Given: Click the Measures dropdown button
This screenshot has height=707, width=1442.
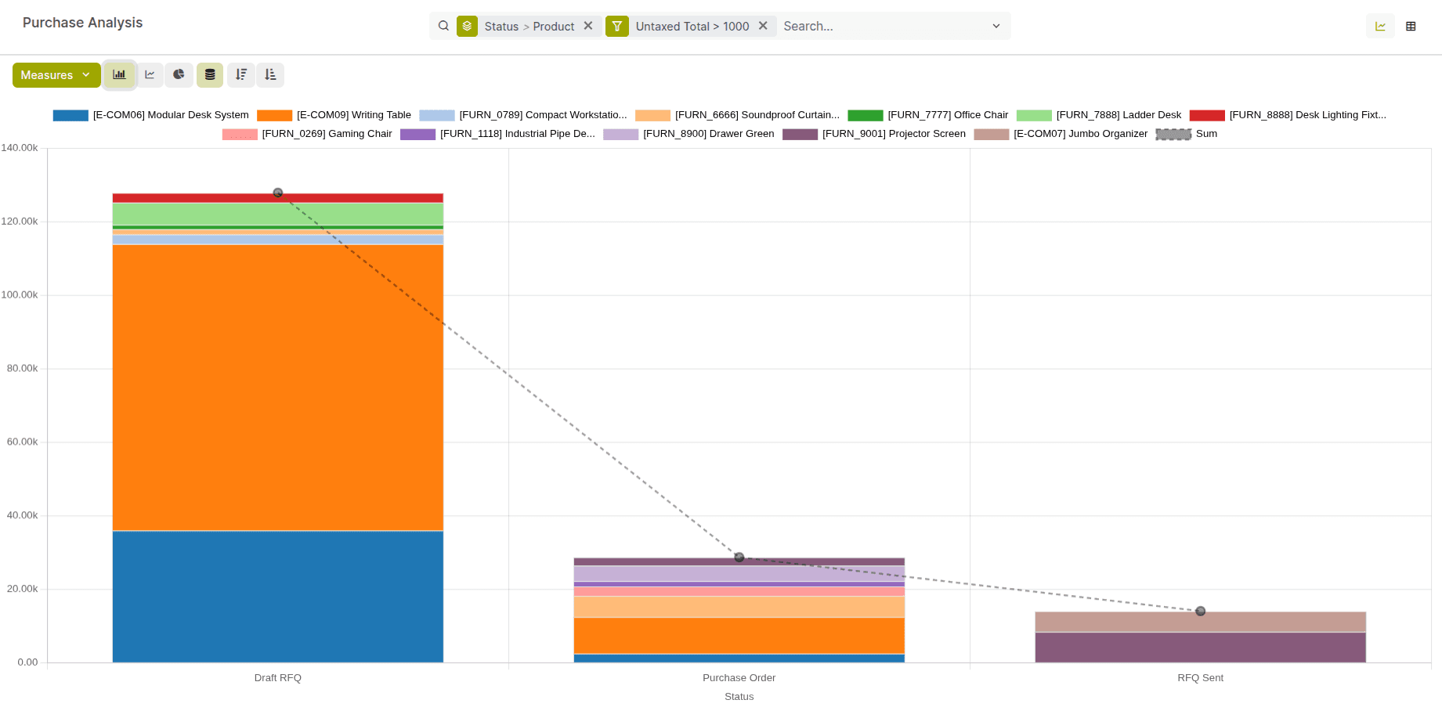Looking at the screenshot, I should coord(56,75).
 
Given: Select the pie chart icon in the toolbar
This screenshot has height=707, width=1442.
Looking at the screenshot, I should coord(179,75).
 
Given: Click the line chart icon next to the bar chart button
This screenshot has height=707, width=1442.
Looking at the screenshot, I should coord(150,75).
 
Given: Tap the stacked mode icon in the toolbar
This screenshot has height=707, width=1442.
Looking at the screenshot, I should coord(210,75).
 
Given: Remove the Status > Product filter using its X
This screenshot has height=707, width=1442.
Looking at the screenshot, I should coord(588,26).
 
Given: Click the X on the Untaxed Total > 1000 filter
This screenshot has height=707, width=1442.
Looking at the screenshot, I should coord(763,26).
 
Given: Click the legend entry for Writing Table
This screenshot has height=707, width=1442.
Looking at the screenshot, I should coord(353,115).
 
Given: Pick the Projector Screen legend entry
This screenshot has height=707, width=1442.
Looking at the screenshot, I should coord(893,134).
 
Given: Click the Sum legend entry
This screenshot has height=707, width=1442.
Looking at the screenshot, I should coord(1205,134).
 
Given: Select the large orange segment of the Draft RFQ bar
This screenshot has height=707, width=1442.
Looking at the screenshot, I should coord(278,388).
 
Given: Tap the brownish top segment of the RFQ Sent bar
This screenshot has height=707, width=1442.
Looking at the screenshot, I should coord(1200,622).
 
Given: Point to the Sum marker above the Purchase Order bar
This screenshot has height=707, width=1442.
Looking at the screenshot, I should coord(739,557).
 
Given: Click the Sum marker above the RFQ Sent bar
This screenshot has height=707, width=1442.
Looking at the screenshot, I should coord(1201,611).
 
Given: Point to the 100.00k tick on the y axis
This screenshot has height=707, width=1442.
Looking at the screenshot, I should coord(20,295).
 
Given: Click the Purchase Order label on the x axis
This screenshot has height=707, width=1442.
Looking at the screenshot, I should coord(739,678).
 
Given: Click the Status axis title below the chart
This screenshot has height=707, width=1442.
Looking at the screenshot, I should coord(739,697).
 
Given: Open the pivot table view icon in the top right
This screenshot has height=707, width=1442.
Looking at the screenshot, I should coord(1411,26).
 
